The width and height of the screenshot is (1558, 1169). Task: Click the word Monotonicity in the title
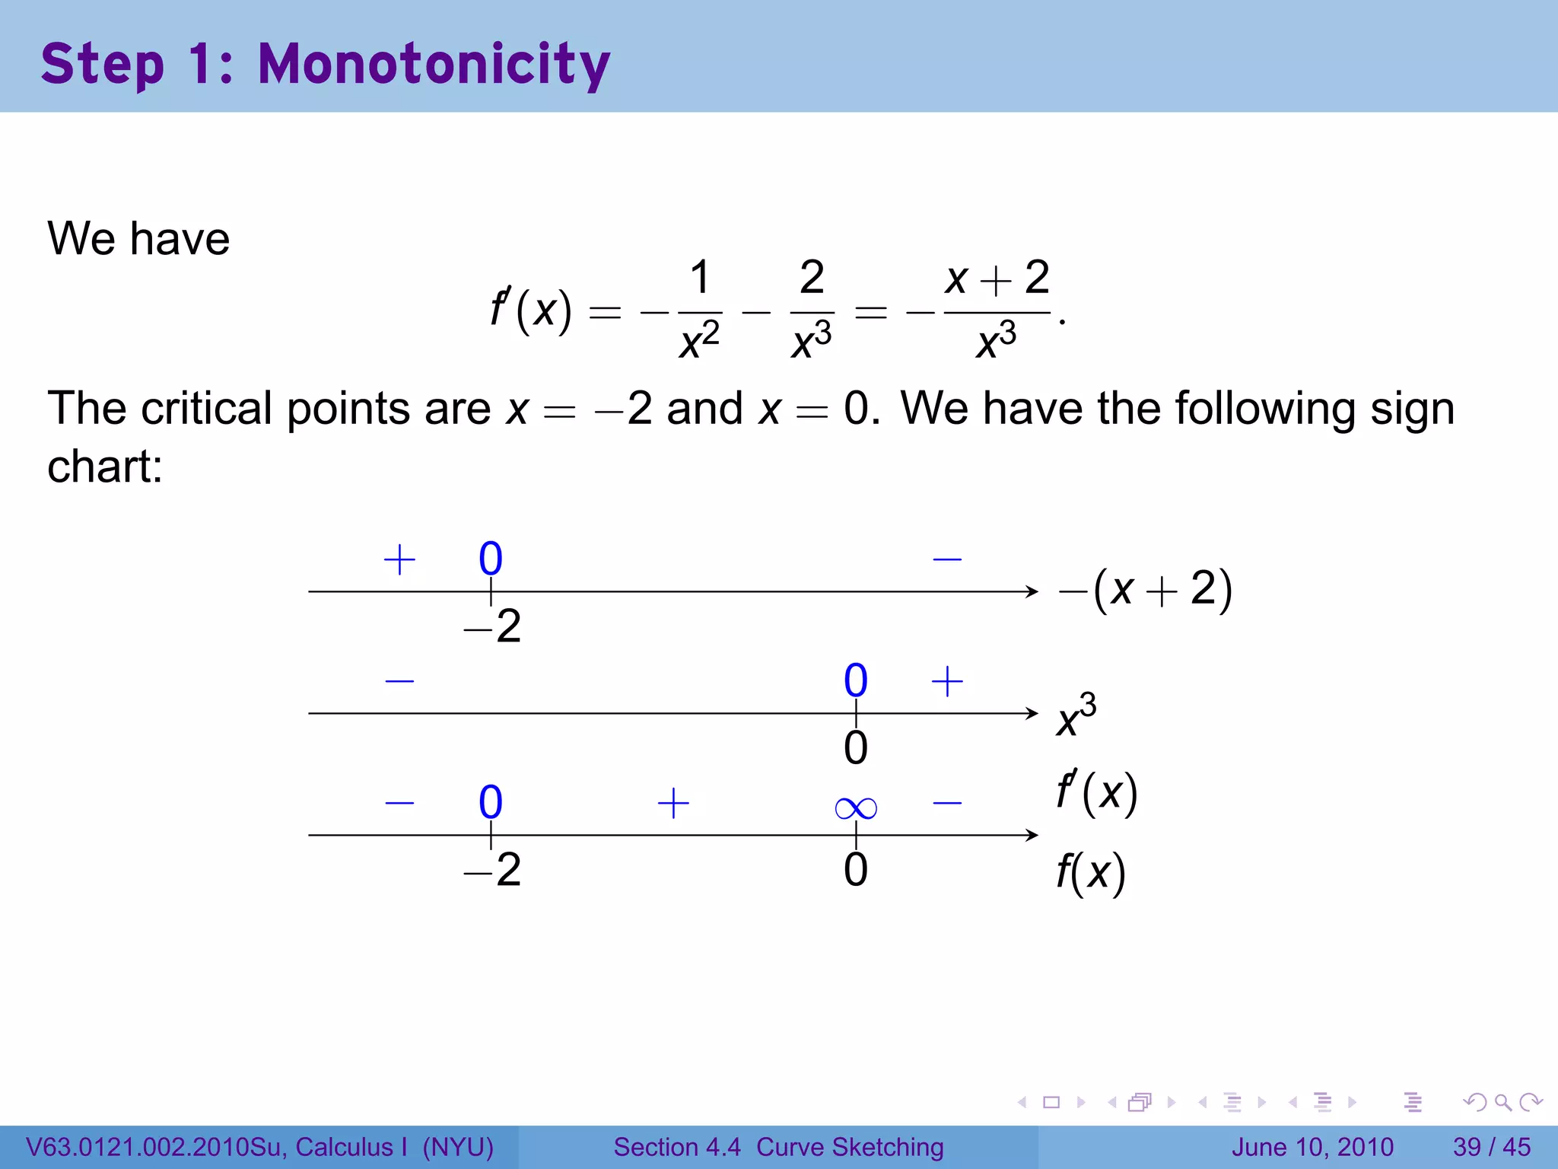point(434,65)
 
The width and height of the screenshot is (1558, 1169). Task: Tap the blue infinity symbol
point(855,807)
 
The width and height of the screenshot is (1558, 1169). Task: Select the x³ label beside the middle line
point(1076,715)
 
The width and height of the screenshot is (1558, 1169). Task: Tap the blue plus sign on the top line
point(399,560)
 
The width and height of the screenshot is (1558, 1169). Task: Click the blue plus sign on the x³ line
point(947,681)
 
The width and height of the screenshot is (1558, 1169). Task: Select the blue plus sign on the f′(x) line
point(673,804)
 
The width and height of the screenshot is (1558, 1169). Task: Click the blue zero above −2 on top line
point(491,559)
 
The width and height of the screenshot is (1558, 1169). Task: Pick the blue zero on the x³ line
point(856,680)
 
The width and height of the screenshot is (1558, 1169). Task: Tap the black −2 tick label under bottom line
point(492,870)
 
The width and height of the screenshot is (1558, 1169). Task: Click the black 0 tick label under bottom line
point(856,870)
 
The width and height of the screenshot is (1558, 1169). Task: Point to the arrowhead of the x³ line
point(1032,713)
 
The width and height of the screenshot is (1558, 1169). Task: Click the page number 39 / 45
point(1491,1147)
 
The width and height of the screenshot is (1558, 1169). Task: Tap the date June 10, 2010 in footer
point(1312,1147)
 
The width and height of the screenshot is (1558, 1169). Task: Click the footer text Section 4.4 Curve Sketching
point(778,1147)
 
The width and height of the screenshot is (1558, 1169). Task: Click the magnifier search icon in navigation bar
point(1502,1102)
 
